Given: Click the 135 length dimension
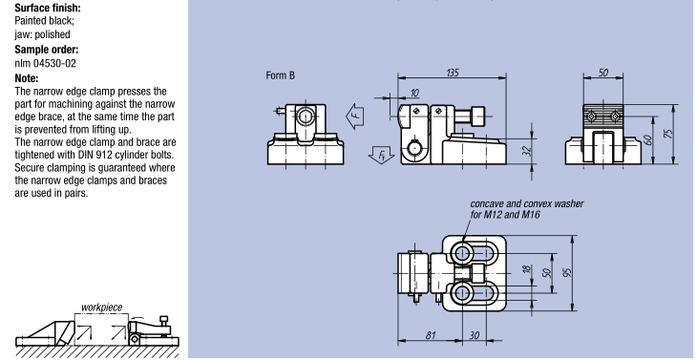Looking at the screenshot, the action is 452,73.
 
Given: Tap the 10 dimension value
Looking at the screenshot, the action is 414,93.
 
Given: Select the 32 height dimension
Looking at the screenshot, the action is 528,151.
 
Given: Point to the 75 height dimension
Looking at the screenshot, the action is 668,134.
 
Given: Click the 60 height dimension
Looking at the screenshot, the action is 648,140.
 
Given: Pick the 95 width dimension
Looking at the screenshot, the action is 567,272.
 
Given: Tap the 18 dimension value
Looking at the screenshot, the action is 527,269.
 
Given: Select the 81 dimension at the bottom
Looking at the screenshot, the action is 430,335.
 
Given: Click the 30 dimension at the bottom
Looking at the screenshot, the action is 475,335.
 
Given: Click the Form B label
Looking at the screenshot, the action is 280,75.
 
